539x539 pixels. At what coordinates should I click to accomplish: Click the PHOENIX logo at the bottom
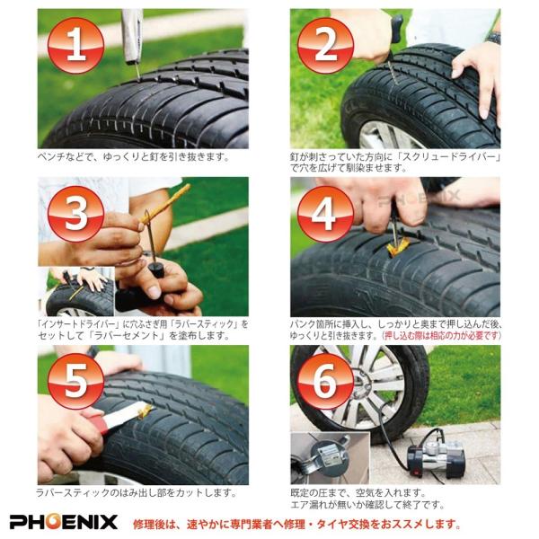(64, 522)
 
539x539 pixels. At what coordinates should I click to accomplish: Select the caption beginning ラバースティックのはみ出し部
(135, 493)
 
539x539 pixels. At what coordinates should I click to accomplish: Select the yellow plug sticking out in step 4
(396, 243)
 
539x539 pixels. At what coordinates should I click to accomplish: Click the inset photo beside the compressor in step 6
(323, 457)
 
